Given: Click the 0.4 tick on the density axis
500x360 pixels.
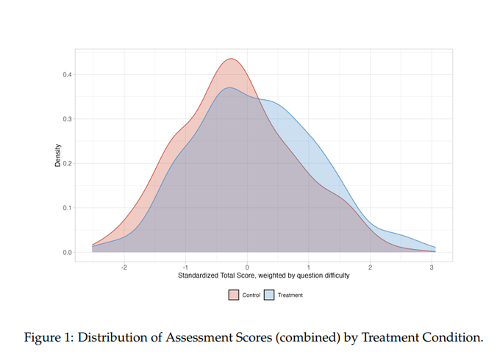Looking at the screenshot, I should [x=67, y=74].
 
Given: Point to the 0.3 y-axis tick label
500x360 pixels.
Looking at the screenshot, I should [x=67, y=119].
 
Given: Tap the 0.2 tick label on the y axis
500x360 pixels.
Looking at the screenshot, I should [x=67, y=164].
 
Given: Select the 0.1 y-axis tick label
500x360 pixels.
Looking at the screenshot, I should [x=67, y=208].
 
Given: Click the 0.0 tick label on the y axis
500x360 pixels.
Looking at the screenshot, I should [x=67, y=253].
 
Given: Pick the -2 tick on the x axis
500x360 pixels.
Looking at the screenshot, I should [x=124, y=267].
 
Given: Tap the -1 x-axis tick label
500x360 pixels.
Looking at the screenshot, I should [x=185, y=267].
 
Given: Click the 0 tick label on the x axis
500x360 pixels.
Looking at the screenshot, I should [x=247, y=267].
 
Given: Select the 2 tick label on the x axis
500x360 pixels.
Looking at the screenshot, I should [x=370, y=267].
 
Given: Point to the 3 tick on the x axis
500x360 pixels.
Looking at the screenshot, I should [x=432, y=267].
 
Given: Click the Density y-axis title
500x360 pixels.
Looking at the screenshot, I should [x=57, y=155].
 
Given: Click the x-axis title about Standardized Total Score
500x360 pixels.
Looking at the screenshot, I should [x=263, y=276].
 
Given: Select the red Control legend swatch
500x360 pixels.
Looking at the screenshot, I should [x=234, y=295].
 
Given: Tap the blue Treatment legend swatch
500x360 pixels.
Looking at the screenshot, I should [x=269, y=295].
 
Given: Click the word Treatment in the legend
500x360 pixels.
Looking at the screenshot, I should [x=290, y=295].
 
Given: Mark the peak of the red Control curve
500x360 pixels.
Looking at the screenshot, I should [x=231, y=59].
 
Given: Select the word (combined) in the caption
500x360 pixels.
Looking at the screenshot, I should [x=304, y=337].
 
